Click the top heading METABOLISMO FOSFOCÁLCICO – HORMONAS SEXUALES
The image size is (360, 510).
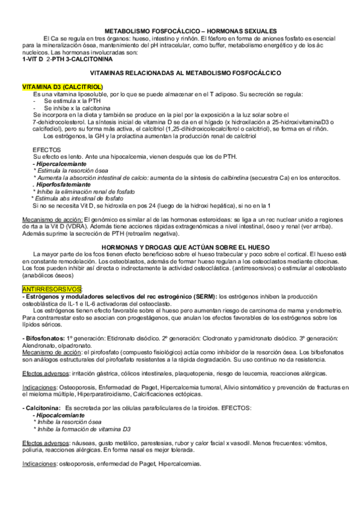[x=191, y=30]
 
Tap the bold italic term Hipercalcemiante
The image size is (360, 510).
[x=61, y=164]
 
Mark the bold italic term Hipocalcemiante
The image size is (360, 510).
[x=59, y=416]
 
